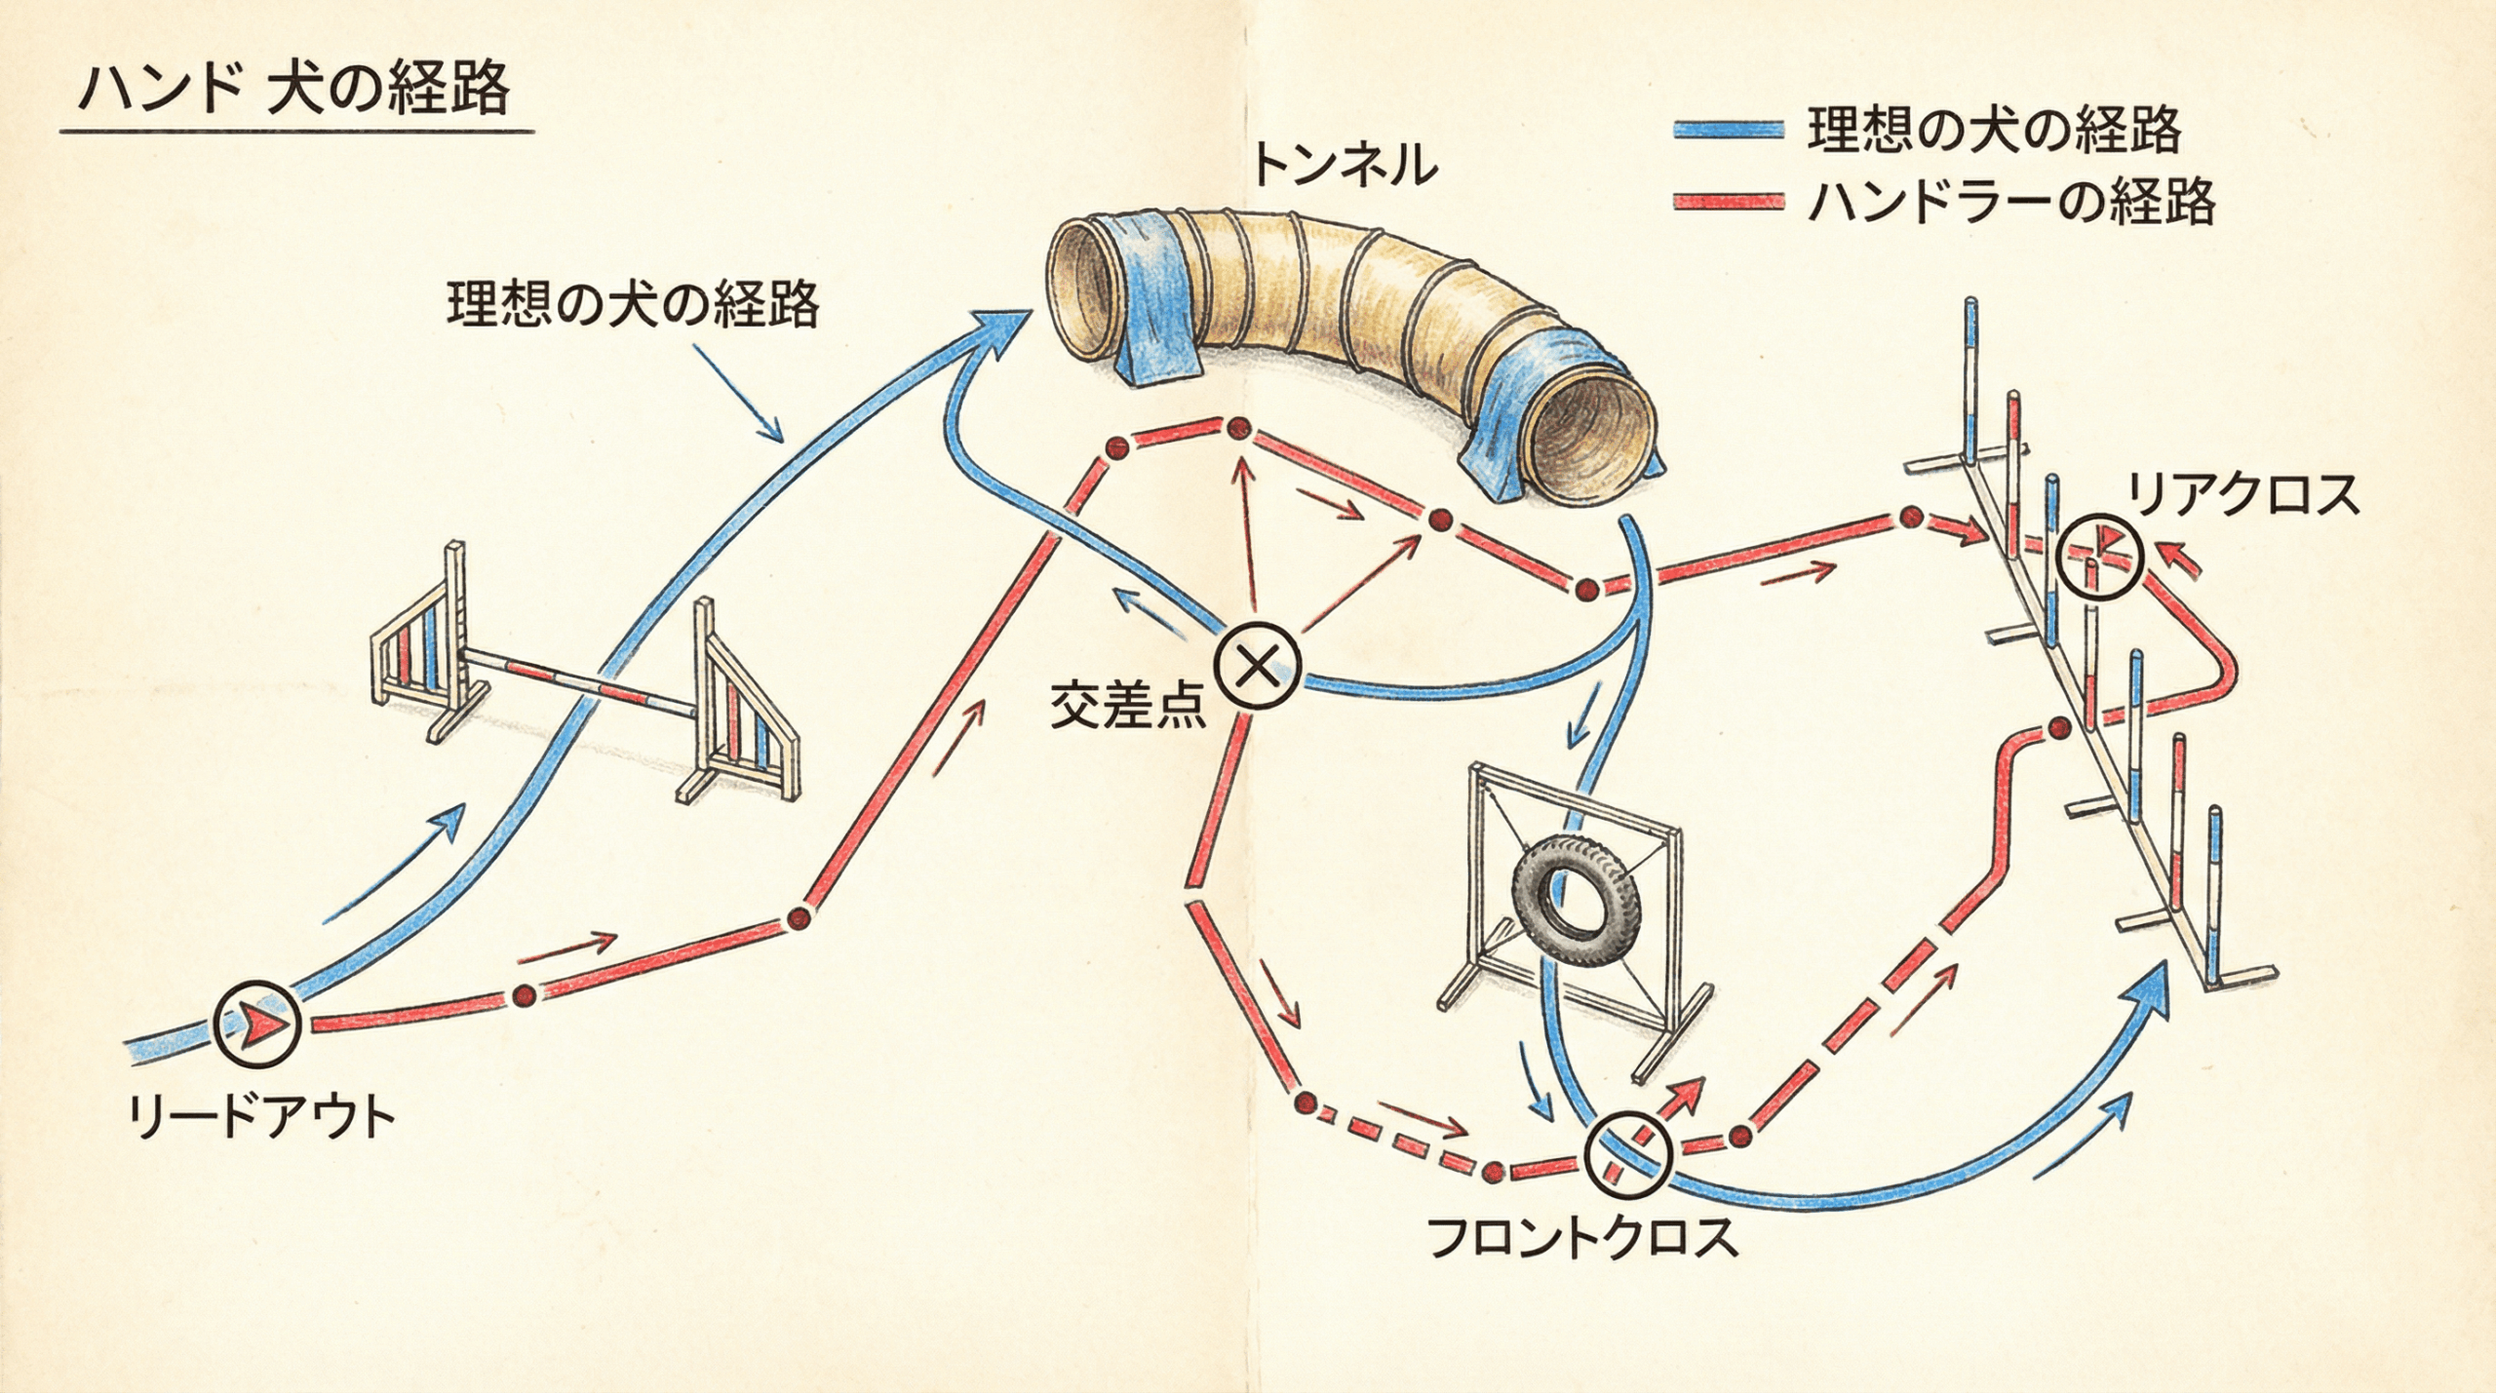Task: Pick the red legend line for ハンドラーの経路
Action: click(1727, 204)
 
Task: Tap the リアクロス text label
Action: click(2242, 495)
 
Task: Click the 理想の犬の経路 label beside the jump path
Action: click(633, 305)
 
